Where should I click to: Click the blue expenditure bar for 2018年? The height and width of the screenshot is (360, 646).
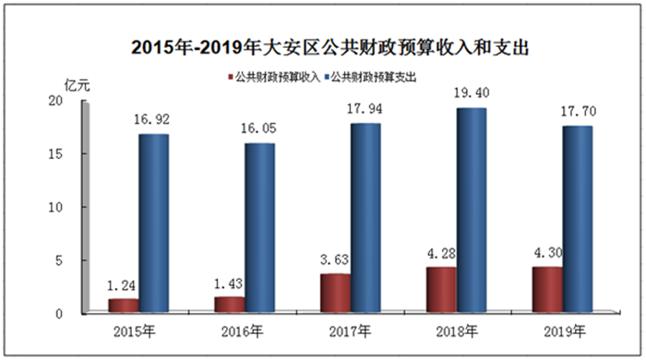(x=472, y=210)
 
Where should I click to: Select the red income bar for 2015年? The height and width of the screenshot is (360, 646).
(x=123, y=306)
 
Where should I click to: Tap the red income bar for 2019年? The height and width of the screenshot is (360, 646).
(x=547, y=289)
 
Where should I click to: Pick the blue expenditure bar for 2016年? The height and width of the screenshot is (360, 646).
(x=259, y=228)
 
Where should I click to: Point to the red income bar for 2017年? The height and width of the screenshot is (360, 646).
(x=335, y=293)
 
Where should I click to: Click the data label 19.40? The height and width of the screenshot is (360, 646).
(x=472, y=93)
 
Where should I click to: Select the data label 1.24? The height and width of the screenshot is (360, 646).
(x=121, y=285)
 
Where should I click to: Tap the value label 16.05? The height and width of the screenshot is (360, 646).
(x=258, y=128)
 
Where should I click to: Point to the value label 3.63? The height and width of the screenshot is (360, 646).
(x=334, y=259)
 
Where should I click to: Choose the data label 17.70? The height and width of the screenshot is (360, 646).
(x=578, y=111)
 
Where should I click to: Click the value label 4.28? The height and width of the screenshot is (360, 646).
(x=441, y=253)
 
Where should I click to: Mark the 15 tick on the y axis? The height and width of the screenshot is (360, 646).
(x=55, y=154)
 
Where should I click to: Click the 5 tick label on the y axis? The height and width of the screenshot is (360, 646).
(x=59, y=260)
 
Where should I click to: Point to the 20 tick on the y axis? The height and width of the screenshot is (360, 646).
(x=55, y=101)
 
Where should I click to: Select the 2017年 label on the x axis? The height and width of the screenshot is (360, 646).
(x=350, y=331)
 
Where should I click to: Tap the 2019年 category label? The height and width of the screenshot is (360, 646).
(x=565, y=331)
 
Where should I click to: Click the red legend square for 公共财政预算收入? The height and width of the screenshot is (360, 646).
(x=231, y=77)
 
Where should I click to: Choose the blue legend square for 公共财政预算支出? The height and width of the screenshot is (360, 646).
(x=327, y=77)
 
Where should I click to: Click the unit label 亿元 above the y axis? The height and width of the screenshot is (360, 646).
(x=77, y=86)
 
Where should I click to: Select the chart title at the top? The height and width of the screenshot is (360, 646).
(x=330, y=47)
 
